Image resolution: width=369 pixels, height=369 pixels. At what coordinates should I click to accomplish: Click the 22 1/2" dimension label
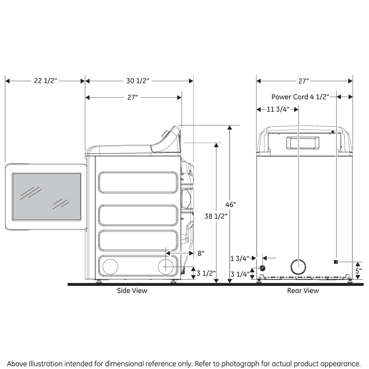45,81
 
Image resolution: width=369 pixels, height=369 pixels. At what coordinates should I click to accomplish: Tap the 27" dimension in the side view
132,97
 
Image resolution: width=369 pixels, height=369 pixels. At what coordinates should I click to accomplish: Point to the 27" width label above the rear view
303,81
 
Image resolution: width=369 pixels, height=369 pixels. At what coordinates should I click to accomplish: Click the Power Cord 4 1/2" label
301,97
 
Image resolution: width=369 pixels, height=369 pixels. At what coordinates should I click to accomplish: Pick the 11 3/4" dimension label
278,109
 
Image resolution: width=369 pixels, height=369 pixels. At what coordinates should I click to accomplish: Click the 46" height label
231,204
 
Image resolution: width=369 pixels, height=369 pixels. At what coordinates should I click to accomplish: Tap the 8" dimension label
200,253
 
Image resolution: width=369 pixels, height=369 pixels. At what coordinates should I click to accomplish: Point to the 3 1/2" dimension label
206,273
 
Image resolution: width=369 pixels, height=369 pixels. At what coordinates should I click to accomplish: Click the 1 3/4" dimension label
239,258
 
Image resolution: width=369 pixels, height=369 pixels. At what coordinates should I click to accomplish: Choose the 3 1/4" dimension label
239,274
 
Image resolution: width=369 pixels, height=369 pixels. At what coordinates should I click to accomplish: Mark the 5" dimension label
358,271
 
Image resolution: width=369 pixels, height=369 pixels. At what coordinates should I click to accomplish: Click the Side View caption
132,291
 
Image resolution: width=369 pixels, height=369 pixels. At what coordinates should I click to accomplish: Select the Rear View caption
303,291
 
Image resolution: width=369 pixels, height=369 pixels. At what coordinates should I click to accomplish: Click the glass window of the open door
46,196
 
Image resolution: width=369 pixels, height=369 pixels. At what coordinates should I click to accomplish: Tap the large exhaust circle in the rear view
298,267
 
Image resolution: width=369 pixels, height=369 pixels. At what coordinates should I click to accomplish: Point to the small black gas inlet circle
262,268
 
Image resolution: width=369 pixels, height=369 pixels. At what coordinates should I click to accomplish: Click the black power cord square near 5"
336,262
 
